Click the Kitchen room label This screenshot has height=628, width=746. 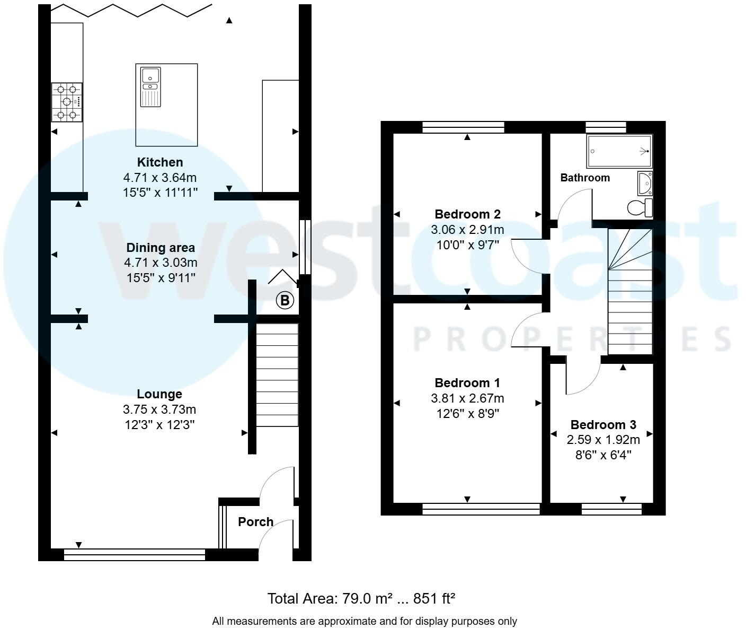(159, 162)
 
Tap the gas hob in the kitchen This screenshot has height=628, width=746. (67, 102)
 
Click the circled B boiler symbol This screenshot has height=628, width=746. (285, 301)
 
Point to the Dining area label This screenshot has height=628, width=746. (160, 248)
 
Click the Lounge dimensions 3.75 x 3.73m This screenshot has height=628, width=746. (159, 409)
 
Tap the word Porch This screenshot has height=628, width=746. (255, 522)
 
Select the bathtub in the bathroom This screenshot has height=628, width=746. (619, 151)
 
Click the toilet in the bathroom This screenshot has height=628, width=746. (640, 207)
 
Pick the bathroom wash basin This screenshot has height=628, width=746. (645, 183)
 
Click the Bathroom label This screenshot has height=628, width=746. (585, 178)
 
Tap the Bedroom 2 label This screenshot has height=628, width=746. (467, 214)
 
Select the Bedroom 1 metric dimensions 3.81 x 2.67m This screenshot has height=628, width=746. (467, 398)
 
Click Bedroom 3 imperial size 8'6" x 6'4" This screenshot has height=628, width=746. (603, 455)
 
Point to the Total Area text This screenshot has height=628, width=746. (361, 599)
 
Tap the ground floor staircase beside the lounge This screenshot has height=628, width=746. (277, 374)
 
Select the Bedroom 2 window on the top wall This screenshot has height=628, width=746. (463, 127)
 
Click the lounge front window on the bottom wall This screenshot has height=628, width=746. (134, 555)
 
